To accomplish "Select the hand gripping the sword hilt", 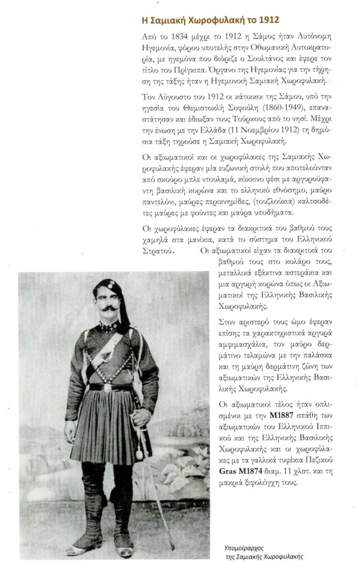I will [142, 416].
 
